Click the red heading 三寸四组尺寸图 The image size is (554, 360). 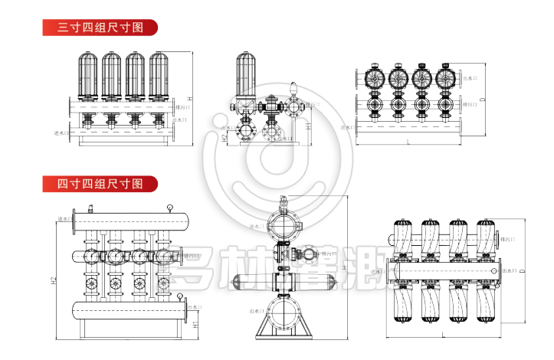[x=100, y=28]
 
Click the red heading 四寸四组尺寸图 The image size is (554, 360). [x=100, y=184]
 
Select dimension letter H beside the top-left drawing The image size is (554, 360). [x=188, y=100]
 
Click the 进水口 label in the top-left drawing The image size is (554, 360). [x=61, y=133]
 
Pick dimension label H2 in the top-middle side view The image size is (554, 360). [x=224, y=138]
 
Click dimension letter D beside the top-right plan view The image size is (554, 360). [x=484, y=100]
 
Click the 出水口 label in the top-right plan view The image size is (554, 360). [x=470, y=78]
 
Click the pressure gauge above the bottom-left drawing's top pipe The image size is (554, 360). [x=169, y=206]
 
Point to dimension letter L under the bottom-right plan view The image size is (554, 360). [x=442, y=335]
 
